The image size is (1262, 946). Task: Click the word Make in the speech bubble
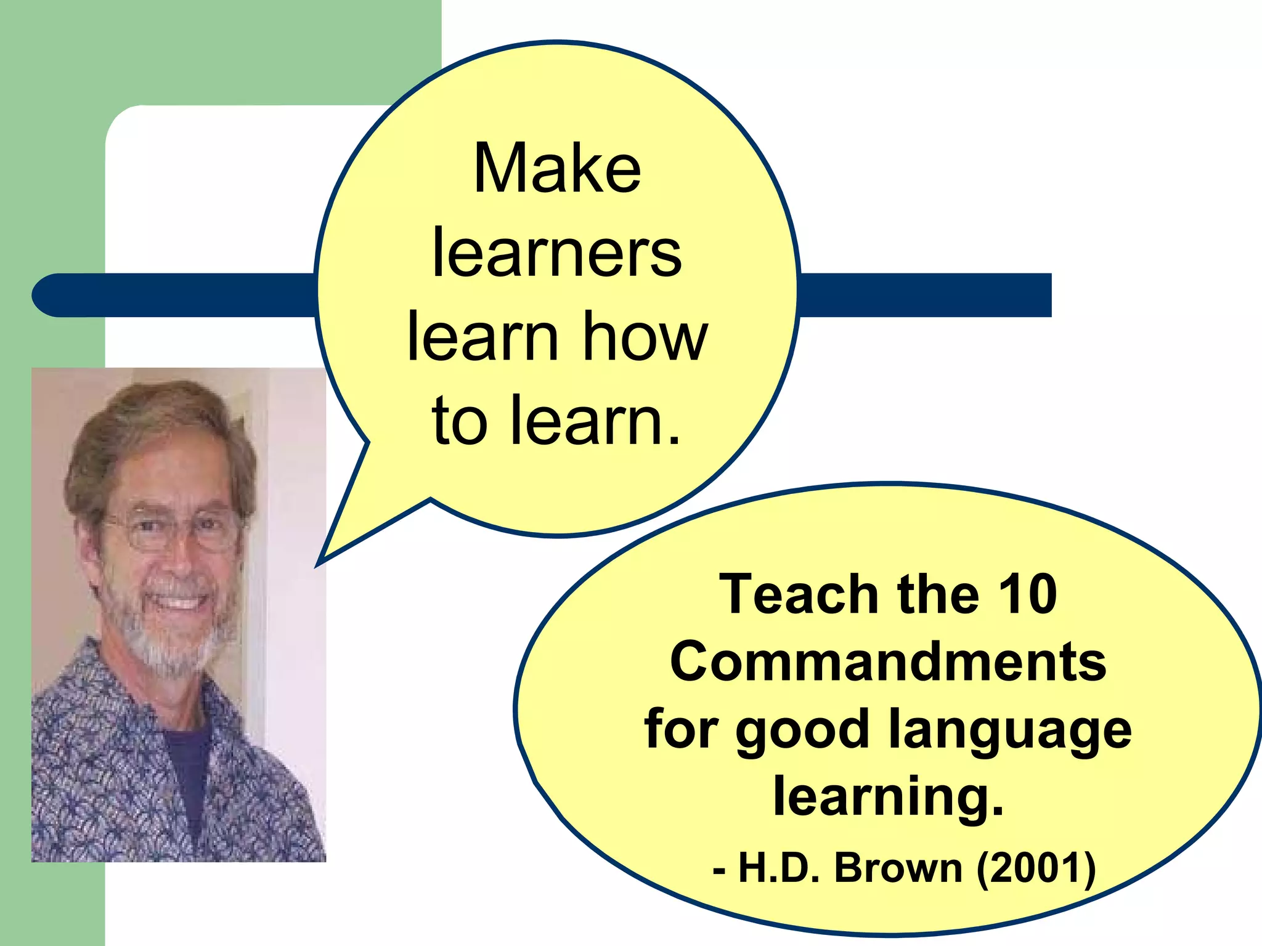(557, 169)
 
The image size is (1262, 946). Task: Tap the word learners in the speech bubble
(557, 253)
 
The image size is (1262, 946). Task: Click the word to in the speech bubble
(460, 421)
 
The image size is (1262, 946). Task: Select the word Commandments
(888, 662)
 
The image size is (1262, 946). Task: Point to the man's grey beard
(166, 647)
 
